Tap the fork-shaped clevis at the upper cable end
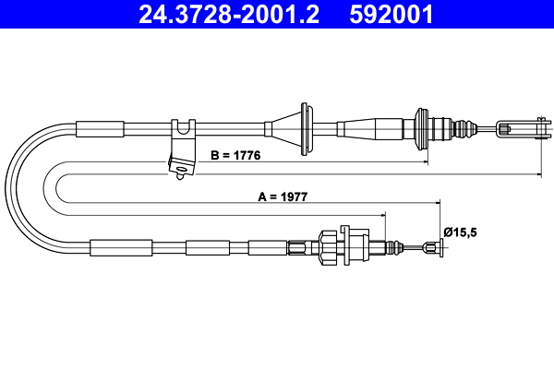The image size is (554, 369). coord(516,126)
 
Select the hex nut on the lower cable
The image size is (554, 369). coord(328,246)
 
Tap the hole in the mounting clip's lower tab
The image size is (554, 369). coord(183,168)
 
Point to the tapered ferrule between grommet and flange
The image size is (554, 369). coord(374,126)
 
